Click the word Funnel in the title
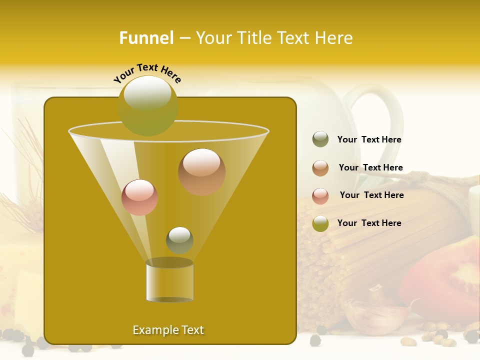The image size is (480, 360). (146, 38)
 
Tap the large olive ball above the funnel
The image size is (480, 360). (147, 105)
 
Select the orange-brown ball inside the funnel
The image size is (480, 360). (201, 171)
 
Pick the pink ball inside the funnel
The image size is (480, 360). (139, 197)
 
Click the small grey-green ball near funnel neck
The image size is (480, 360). (179, 240)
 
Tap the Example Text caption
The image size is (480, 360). (168, 330)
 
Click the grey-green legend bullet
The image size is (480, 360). (320, 139)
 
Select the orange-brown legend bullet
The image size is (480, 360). (320, 168)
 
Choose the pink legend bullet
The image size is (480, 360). (320, 196)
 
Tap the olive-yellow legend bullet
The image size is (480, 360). (320, 224)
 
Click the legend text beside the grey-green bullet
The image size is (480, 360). (369, 140)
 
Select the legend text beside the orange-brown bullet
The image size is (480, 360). (370, 167)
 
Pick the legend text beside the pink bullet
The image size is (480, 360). (371, 195)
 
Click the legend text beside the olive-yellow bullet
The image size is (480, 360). (369, 223)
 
